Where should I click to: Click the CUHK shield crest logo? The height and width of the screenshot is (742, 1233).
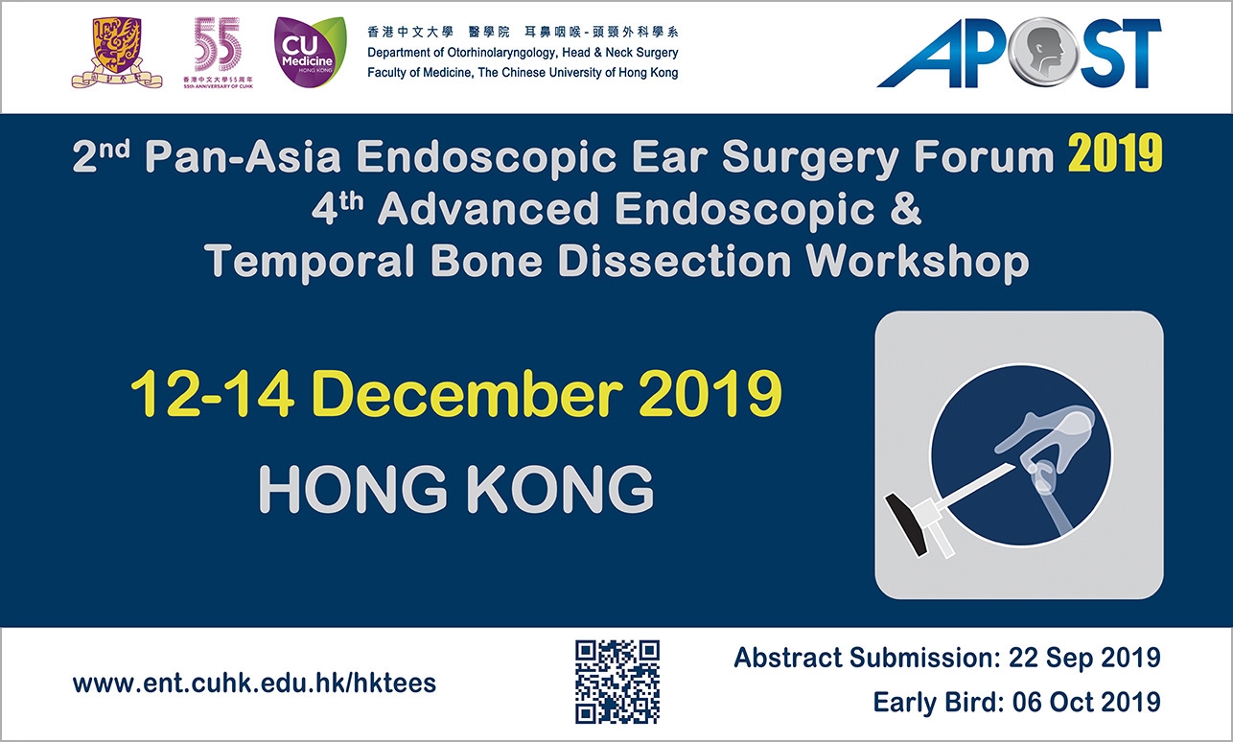coord(117,53)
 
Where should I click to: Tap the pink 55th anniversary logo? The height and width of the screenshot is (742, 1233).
coord(218,53)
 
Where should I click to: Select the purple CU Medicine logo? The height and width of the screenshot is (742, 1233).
coord(311,53)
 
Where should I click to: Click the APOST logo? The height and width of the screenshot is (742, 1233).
coord(1019,53)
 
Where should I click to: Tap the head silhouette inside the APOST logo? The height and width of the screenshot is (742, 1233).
coord(1042,53)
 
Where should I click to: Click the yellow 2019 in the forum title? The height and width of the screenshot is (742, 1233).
coord(1115,154)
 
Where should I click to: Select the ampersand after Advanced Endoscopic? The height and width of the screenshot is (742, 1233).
coord(903,210)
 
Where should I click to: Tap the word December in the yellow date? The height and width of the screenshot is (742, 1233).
coord(470,394)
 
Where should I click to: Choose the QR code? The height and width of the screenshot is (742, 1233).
coord(617,682)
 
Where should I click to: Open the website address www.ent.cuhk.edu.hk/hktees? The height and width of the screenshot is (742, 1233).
coord(254,684)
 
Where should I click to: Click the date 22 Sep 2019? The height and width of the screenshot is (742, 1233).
coord(1084,658)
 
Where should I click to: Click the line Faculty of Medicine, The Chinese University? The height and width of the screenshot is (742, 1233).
coord(523,73)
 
